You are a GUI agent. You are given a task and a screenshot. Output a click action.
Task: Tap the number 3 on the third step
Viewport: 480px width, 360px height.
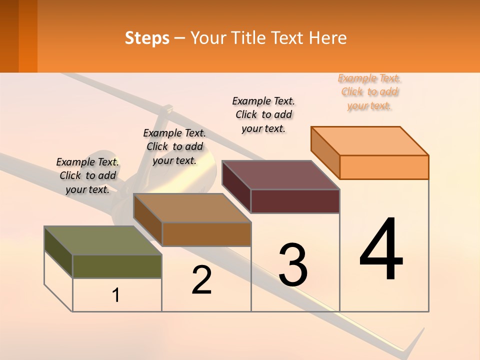point(293,264)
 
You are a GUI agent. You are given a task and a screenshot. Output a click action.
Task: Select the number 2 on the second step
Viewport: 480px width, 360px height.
point(201,280)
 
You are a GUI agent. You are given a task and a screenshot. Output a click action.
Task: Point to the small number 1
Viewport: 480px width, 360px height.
point(116,295)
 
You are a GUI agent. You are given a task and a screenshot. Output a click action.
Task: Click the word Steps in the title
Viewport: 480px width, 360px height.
point(147,38)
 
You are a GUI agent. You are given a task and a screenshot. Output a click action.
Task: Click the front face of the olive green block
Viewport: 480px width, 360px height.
point(117,266)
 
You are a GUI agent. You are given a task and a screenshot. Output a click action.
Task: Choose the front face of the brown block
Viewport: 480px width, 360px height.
point(206,234)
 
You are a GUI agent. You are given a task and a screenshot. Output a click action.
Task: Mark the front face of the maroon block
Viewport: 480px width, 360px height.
point(295,201)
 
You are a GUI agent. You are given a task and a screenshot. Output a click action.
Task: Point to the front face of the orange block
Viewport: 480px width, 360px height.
point(384,167)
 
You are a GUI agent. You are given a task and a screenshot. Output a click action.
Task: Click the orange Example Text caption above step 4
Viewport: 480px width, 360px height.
point(369,92)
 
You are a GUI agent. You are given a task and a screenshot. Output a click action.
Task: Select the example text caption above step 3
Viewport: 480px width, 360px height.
point(263,114)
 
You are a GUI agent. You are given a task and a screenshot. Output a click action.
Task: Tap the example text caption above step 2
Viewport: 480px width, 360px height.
point(174,146)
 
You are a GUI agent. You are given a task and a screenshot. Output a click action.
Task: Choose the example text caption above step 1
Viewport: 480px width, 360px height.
point(87,175)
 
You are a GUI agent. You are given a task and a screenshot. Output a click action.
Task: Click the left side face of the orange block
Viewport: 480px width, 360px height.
point(325,152)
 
